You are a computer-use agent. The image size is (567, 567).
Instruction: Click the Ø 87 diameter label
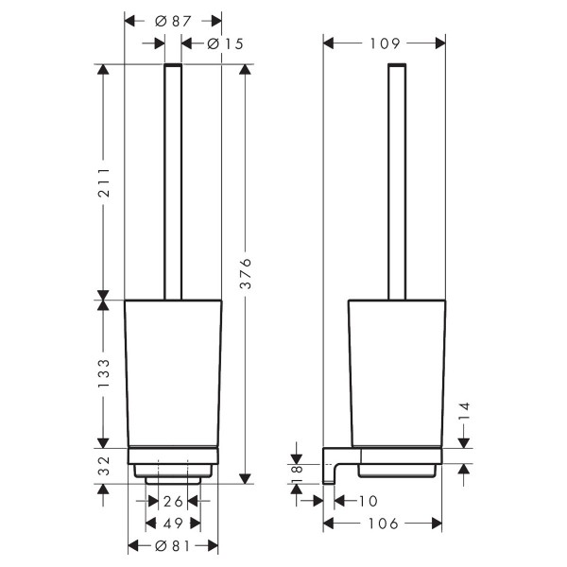173,22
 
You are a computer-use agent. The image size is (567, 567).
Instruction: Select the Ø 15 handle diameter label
225,44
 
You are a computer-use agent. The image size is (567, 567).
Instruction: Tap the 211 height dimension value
104,181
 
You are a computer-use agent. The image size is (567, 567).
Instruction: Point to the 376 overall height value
246,273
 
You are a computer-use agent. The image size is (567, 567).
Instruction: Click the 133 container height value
104,373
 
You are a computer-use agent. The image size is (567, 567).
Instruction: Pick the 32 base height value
104,466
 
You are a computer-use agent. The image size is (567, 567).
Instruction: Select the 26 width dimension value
173,502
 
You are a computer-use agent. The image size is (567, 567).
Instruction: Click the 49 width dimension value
173,524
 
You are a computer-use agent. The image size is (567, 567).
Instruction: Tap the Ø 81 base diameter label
173,546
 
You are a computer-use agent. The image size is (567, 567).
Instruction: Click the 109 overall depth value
385,43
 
